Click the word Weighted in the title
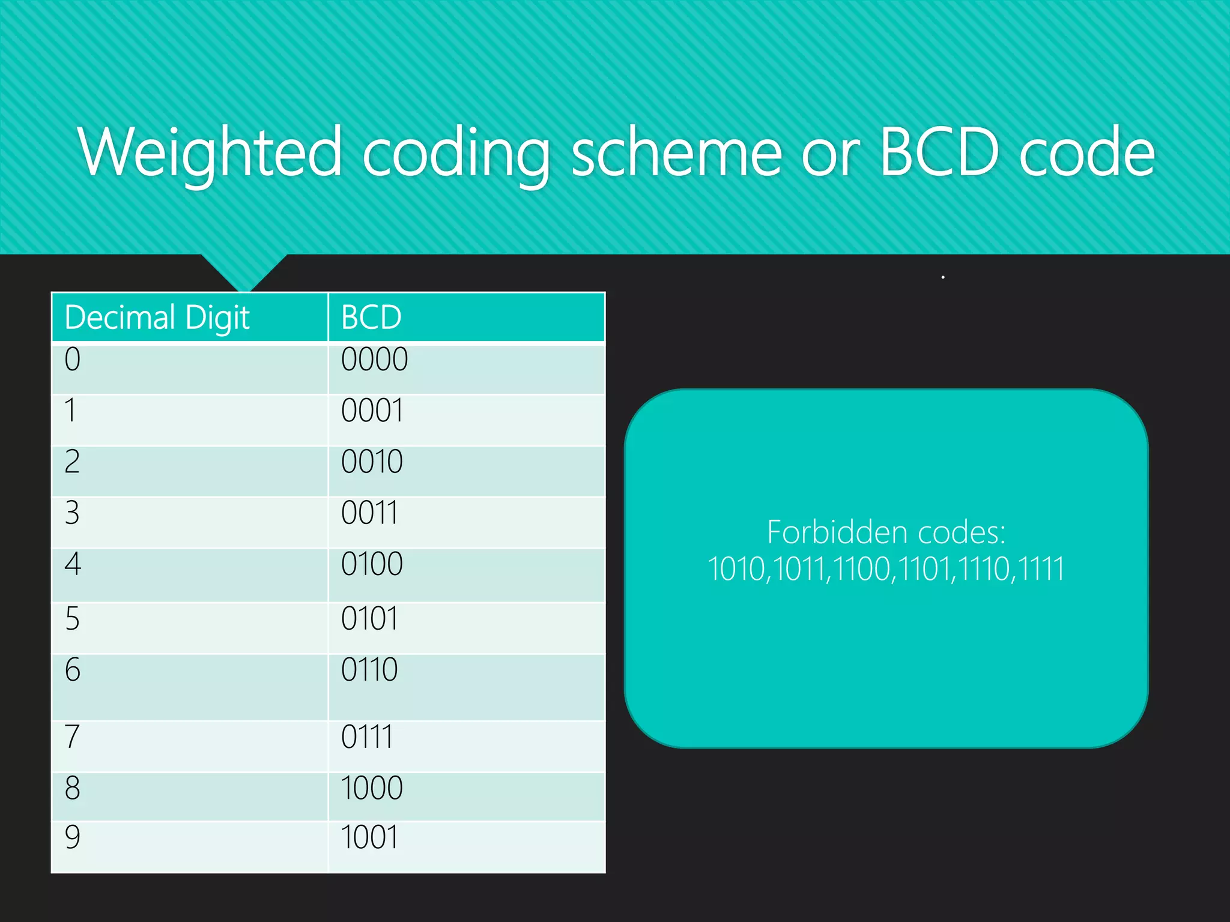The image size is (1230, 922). pos(210,153)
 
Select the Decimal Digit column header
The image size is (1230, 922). pos(157,318)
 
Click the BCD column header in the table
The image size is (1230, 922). pos(371,318)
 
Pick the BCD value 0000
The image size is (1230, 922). pos(374,360)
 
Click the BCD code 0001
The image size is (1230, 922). pos(372,411)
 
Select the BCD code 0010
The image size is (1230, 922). pos(372,462)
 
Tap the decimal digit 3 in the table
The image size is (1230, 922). pos(72,513)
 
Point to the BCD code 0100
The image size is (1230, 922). pos(372,564)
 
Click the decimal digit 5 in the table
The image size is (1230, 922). pos(72,619)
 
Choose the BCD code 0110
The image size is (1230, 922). pos(369,670)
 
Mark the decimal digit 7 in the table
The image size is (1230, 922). pos(72,737)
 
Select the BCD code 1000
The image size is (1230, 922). pos(372,788)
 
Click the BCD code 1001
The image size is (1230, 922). pos(369,837)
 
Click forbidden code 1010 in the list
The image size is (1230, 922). pos(736,569)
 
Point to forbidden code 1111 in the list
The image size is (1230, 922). pos(1041,569)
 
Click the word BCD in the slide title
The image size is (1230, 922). pos(940,153)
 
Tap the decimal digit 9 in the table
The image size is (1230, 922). pos(72,837)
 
